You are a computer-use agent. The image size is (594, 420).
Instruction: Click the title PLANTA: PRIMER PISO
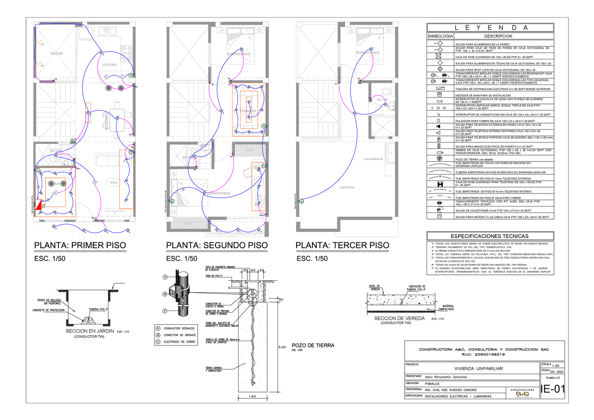(x=80, y=245)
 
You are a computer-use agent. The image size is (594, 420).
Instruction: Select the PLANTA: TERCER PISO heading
(x=342, y=245)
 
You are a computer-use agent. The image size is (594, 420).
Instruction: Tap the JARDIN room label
(x=56, y=54)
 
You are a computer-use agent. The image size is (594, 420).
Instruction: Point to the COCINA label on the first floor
(x=110, y=65)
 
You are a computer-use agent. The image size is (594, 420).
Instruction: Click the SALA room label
(x=113, y=182)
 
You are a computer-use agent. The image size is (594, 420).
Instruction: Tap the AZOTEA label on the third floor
(x=347, y=187)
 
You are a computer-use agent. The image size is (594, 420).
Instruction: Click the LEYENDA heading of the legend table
(x=491, y=27)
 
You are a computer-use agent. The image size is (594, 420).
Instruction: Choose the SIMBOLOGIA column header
(x=440, y=36)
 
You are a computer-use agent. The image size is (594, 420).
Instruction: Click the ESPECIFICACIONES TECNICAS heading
(x=490, y=236)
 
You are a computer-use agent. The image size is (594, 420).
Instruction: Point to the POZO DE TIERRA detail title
(x=313, y=345)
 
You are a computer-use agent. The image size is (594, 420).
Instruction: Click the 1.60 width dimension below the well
(x=252, y=396)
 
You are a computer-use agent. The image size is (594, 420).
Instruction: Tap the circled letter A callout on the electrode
(x=165, y=277)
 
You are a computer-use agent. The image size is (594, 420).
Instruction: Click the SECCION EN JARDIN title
(x=90, y=331)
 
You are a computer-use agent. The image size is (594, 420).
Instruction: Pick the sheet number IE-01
(x=553, y=388)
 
